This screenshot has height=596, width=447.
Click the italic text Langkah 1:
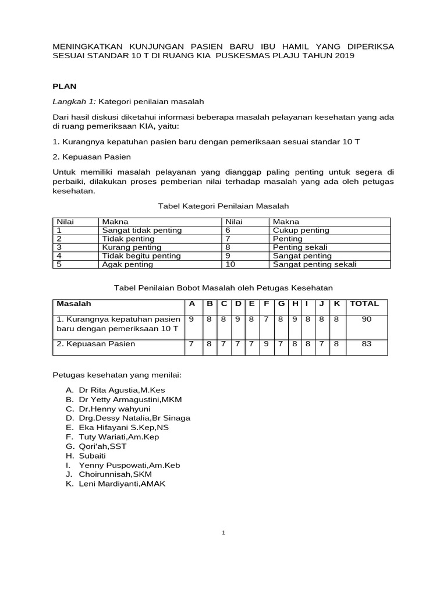[74, 102]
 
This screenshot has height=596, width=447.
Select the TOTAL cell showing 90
[366, 319]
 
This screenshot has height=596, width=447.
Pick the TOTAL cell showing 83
[366, 344]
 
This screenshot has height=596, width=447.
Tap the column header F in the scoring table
[266, 304]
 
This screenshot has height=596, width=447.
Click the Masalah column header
[74, 304]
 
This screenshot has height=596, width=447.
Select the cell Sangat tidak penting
[142, 230]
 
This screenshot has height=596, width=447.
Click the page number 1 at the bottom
[223, 533]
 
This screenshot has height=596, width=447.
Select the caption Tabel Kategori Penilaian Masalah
[223, 206]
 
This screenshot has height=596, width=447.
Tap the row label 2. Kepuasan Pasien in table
[96, 344]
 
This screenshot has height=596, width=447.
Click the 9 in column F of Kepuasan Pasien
[266, 344]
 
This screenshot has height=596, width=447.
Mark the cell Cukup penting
[301, 230]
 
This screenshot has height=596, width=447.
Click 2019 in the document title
[340, 55]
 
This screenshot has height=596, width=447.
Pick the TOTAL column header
[364, 304]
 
